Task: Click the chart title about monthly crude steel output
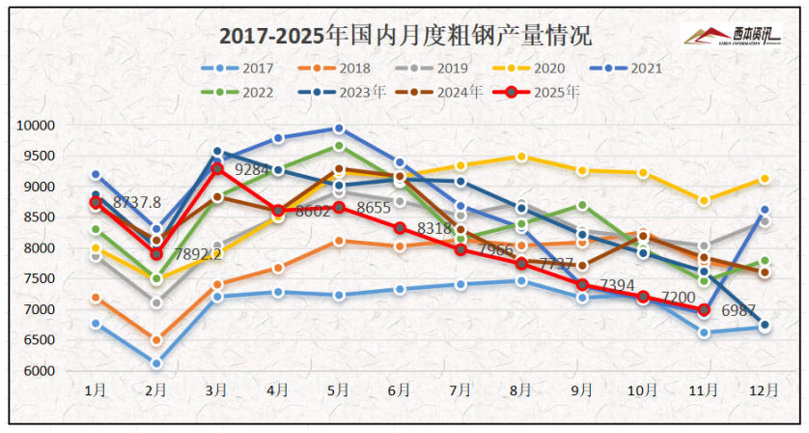pyautogui.click(x=405, y=37)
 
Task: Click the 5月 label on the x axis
pyautogui.click(x=339, y=390)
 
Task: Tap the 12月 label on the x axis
pyautogui.click(x=764, y=390)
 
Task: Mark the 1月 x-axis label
pyautogui.click(x=96, y=390)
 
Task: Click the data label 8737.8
pyautogui.click(x=137, y=203)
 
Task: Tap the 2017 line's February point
pyautogui.click(x=156, y=363)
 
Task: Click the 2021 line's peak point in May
pyautogui.click(x=339, y=129)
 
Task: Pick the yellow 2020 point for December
pyautogui.click(x=764, y=179)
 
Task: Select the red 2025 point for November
pyautogui.click(x=704, y=310)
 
